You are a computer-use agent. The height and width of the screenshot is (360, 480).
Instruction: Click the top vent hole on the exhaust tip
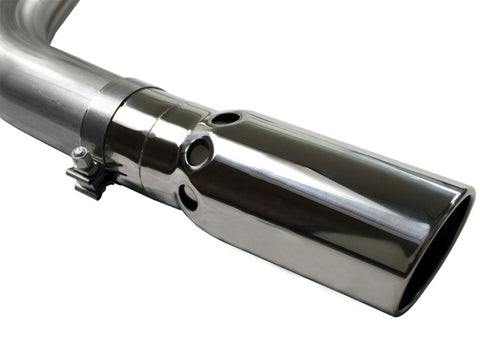(226, 118)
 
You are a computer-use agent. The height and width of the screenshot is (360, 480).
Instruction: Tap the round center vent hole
(198, 152)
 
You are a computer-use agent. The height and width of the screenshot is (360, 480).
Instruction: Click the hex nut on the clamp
(81, 159)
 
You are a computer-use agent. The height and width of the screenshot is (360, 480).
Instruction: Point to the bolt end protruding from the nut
(75, 153)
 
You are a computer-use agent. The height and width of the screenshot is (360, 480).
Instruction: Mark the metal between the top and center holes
(213, 134)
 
